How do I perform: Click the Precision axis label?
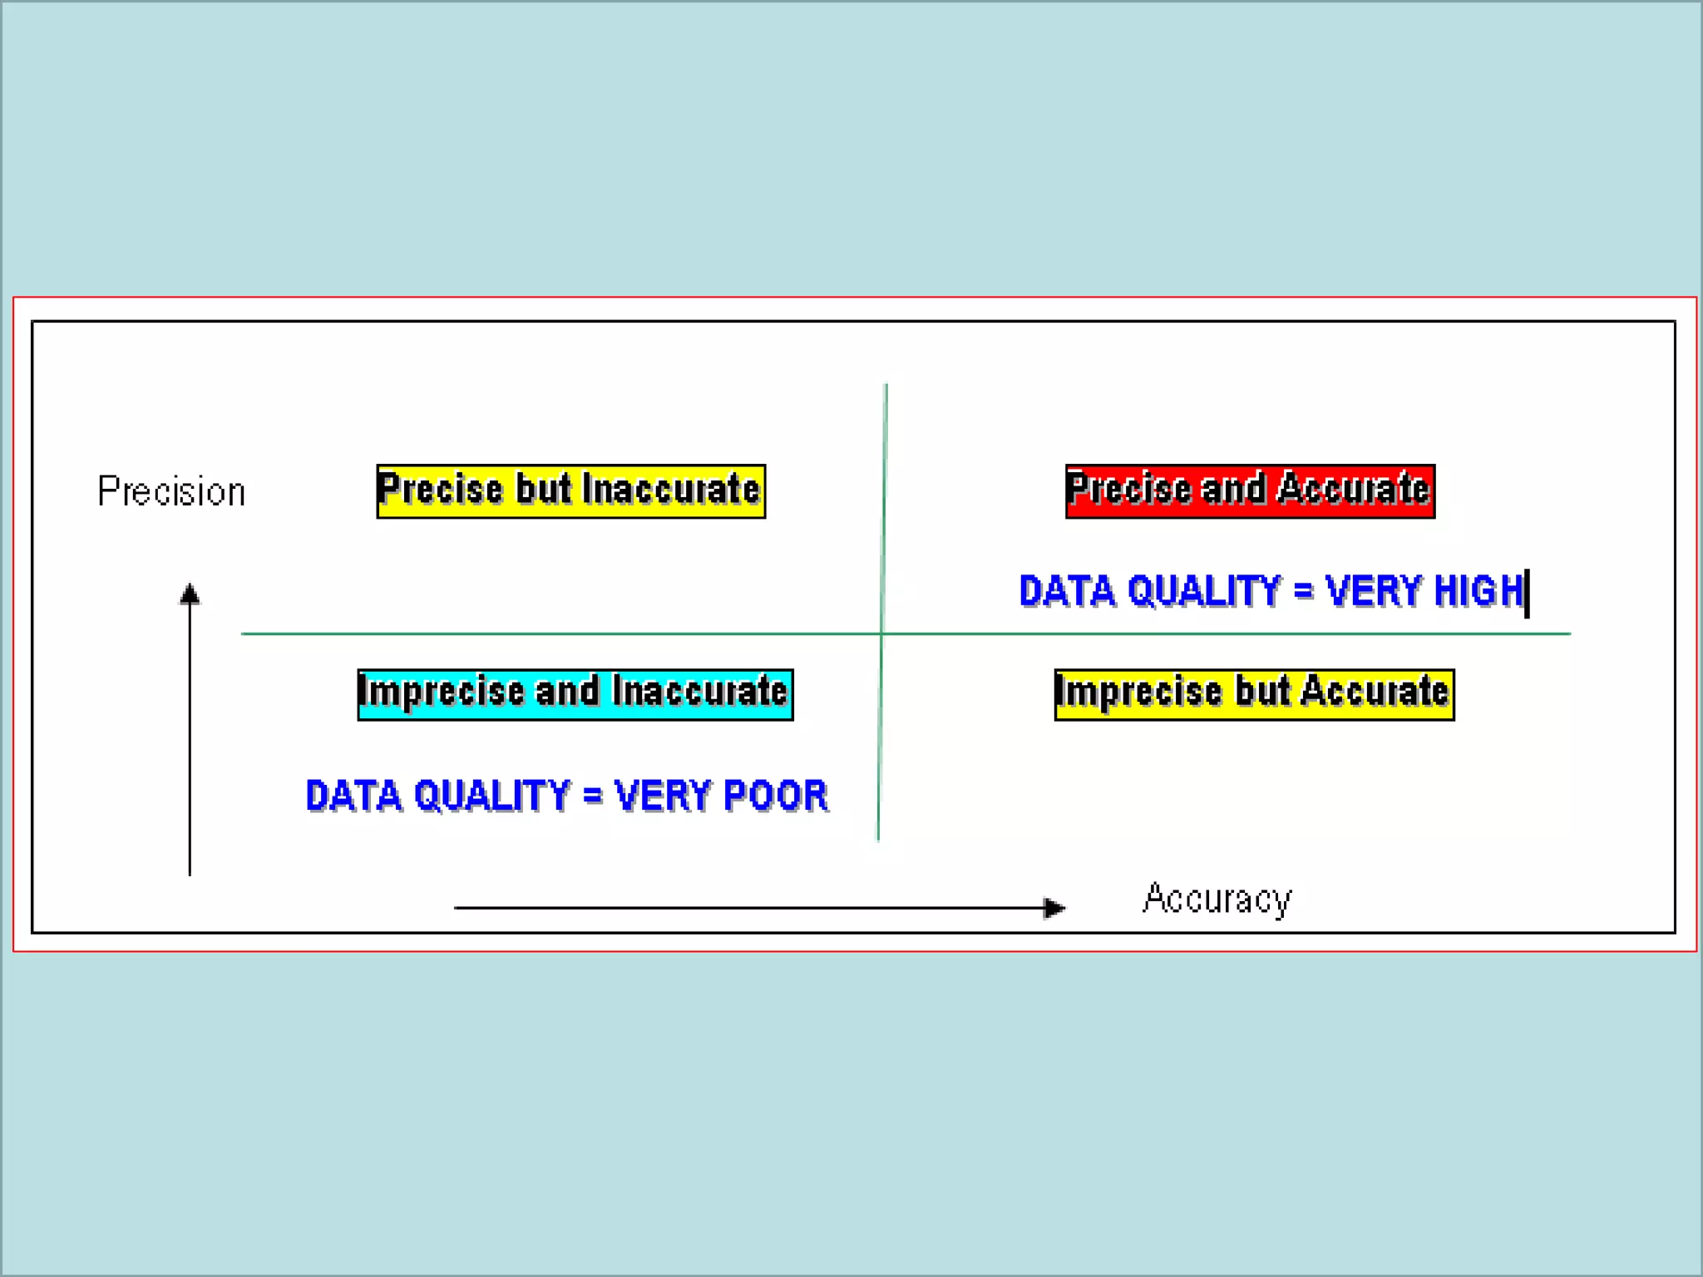171,491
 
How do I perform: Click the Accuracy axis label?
1217,900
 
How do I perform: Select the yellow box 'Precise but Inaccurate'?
570,491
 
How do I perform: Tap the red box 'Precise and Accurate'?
1250,491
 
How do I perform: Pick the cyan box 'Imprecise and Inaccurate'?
575,694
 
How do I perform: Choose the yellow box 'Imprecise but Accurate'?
1254,694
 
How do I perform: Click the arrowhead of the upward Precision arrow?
190,594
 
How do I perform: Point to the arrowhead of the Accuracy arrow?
1054,908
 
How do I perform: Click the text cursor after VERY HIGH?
1528,593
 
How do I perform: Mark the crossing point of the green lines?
881,634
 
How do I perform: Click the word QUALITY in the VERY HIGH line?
1204,591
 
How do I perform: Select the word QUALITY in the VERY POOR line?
491,796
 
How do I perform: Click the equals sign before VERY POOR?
592,796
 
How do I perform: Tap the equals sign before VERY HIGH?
1303,591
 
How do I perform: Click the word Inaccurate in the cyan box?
700,692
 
